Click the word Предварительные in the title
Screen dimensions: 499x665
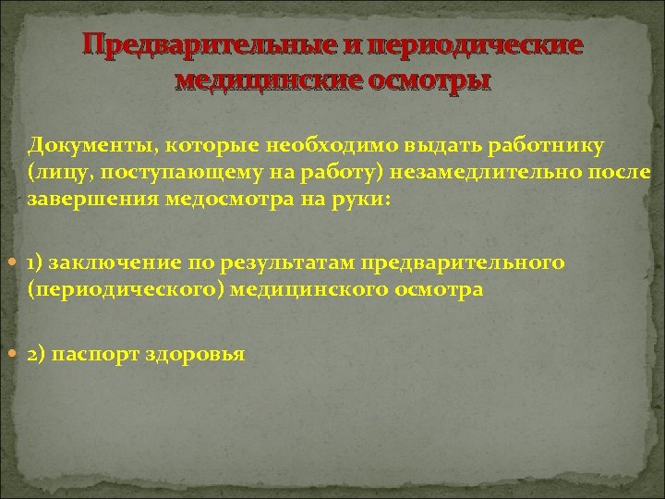point(192,45)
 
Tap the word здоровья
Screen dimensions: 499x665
point(196,355)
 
